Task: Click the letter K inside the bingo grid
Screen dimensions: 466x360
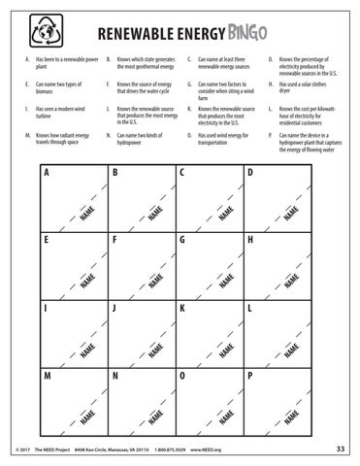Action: click(182, 307)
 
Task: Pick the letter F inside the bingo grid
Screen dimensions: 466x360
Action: click(115, 239)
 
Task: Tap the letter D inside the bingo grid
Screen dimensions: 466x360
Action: click(250, 173)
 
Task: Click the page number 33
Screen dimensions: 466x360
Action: click(340, 448)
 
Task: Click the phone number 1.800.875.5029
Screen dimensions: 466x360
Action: click(170, 449)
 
